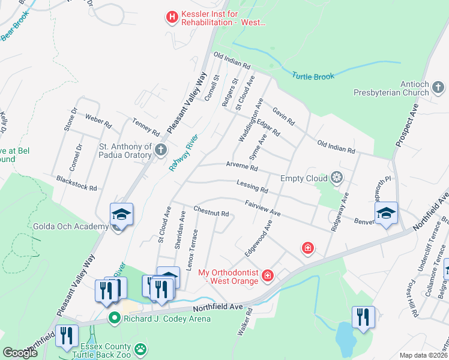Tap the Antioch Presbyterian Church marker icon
[439, 89]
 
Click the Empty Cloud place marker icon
[337, 178]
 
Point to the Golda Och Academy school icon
[121, 214]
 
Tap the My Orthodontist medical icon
[268, 275]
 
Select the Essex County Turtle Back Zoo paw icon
[140, 349]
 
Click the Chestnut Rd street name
[211, 212]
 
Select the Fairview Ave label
[263, 208]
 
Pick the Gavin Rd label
[283, 116]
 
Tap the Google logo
[20, 353]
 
